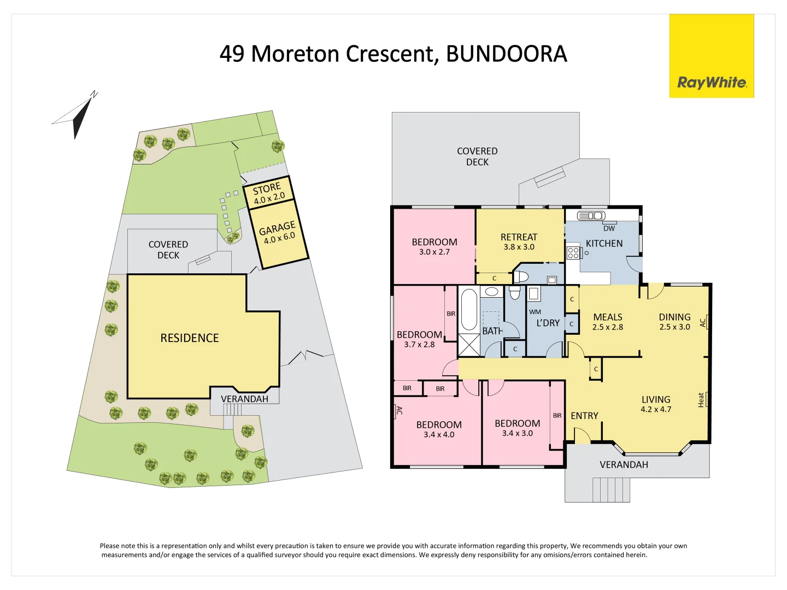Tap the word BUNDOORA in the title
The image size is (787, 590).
(506, 54)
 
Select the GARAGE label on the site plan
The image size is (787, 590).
(278, 227)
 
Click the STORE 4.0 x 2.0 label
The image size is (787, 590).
(268, 193)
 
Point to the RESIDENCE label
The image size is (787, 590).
(189, 338)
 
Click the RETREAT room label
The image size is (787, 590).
(519, 237)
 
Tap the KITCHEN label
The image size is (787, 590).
(604, 244)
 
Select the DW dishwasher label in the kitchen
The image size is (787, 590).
(609, 228)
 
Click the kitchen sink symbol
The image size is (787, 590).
(591, 215)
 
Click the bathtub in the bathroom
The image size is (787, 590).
(469, 310)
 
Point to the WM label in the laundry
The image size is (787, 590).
(535, 312)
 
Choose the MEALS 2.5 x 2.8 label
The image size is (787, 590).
(608, 322)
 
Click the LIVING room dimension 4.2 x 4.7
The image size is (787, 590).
(656, 409)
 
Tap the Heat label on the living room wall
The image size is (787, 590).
(701, 400)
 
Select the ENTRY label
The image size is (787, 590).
(584, 416)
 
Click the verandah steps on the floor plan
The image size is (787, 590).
(611, 489)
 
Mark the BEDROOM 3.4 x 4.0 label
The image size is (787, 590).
(439, 429)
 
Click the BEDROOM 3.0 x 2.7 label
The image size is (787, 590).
(434, 246)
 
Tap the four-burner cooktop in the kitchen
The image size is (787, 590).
(573, 252)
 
